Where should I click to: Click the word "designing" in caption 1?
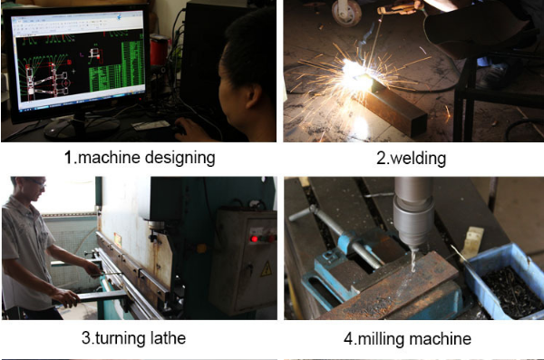(180, 158)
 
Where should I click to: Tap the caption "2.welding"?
(411, 159)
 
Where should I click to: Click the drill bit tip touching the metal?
(413, 270)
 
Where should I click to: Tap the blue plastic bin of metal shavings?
(505, 282)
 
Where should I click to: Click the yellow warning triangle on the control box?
(266, 269)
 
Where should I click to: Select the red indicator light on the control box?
(254, 238)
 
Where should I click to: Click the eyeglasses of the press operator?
(36, 182)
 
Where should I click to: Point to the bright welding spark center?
(355, 72)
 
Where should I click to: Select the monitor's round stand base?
(82, 126)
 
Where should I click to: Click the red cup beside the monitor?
(159, 52)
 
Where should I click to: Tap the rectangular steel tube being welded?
(390, 105)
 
